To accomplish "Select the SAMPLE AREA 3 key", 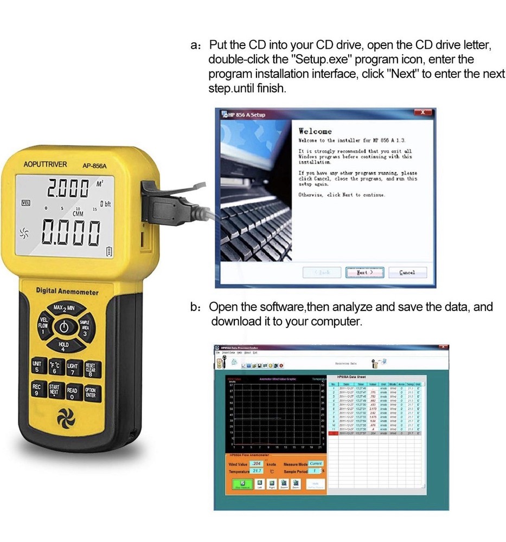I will (85, 328).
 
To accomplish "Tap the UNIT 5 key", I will (36, 366).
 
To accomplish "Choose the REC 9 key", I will (36, 390).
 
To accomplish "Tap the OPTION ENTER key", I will (90, 392).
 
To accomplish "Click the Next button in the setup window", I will (364, 272).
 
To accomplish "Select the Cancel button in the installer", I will (407, 272).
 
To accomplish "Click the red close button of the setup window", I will (422, 112).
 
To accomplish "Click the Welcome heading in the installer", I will (315, 131).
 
